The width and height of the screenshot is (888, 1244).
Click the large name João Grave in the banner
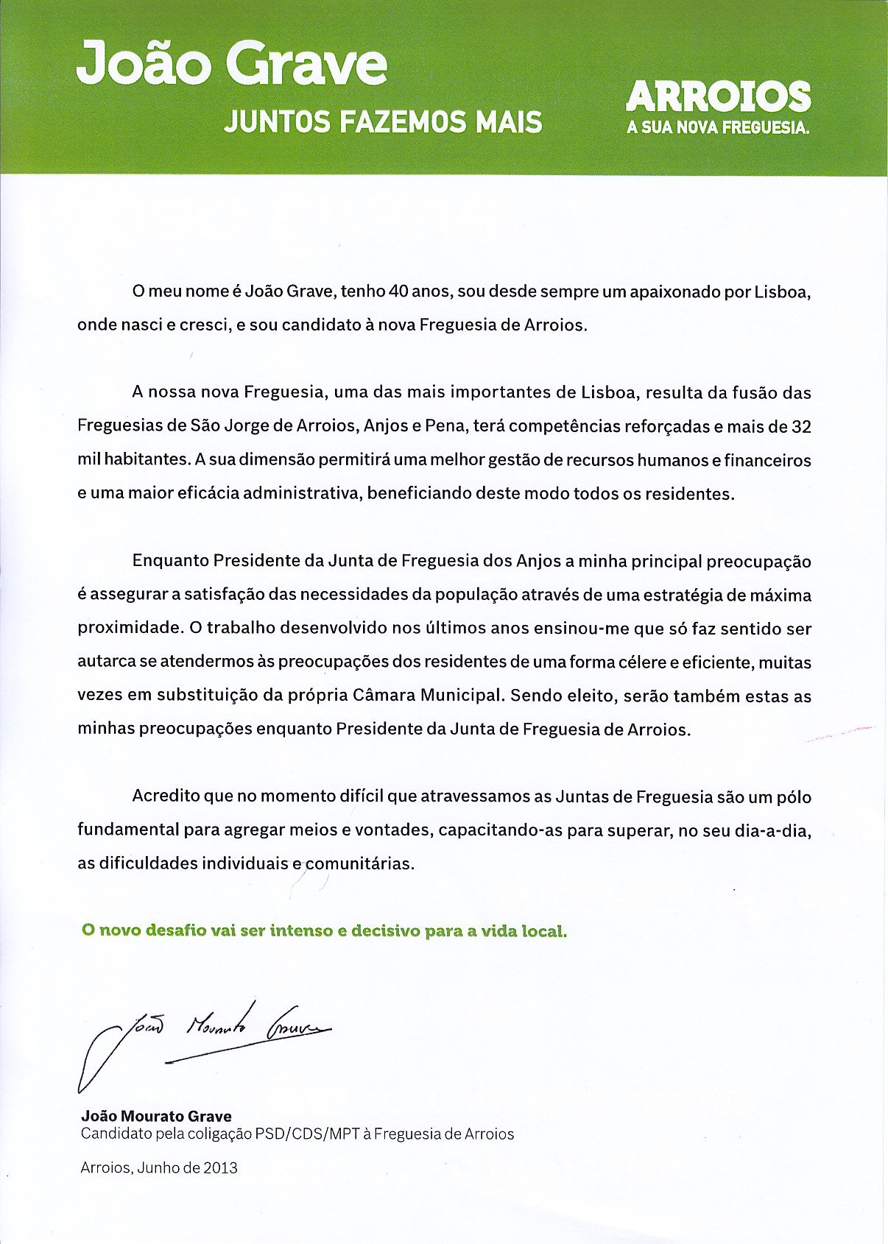point(231,63)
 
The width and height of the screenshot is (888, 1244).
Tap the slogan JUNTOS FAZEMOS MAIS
point(383,122)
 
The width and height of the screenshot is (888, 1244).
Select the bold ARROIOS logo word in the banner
point(718,97)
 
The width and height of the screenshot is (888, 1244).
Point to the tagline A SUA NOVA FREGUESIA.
point(718,127)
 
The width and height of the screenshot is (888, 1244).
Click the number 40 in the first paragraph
point(398,291)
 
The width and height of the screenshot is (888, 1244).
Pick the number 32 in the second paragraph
point(801,427)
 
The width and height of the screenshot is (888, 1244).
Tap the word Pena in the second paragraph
point(444,426)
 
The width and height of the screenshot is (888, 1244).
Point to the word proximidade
point(130,629)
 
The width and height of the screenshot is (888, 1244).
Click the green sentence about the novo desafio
point(324,931)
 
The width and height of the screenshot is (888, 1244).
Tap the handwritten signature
point(206,1038)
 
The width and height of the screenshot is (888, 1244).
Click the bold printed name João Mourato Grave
point(156,1116)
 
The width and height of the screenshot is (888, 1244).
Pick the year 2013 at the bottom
point(221,1167)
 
